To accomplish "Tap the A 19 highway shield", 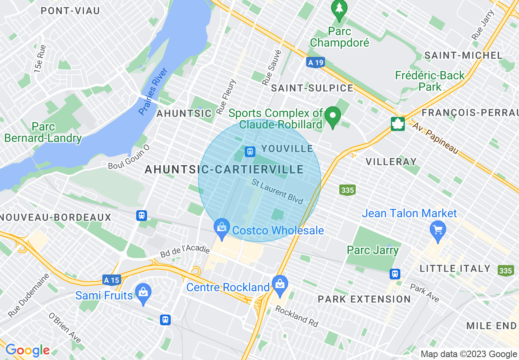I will [x=315, y=62].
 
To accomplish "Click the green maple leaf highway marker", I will [x=398, y=124].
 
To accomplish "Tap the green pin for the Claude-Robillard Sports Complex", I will [x=333, y=117].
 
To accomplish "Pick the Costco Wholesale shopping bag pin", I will [x=221, y=229].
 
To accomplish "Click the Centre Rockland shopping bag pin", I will [x=280, y=285].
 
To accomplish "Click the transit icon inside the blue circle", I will [x=250, y=152].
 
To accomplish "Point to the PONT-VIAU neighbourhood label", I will [x=70, y=11].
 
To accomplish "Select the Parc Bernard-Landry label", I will [x=43, y=132].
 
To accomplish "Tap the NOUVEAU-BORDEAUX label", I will [x=56, y=217].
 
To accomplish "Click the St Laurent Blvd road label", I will [x=278, y=192].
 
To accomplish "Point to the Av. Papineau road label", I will [x=435, y=138].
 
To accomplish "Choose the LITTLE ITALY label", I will [x=455, y=269].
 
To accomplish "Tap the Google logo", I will [x=27, y=351].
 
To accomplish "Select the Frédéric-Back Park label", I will [x=430, y=81].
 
